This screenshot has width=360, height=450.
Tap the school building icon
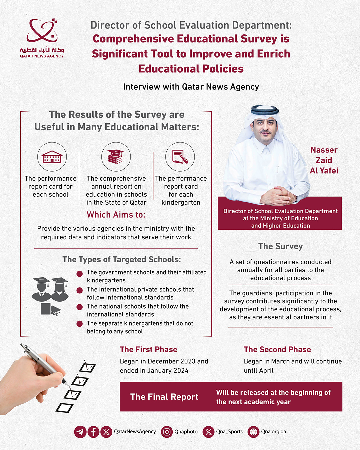[x=52, y=157]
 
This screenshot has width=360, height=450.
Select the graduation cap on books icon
[x=116, y=157]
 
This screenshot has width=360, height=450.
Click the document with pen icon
[x=180, y=157]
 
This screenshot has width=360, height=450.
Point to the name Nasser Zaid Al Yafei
[x=324, y=160]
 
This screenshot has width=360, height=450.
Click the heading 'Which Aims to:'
[x=116, y=215]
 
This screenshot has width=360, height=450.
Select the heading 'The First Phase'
[x=148, y=349]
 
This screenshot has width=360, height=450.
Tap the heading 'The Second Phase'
[x=277, y=349]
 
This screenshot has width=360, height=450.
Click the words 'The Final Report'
[x=164, y=397]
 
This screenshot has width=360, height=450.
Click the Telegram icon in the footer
[x=80, y=432]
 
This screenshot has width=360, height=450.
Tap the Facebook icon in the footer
[x=93, y=432]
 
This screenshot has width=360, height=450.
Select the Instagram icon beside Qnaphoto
[x=167, y=432]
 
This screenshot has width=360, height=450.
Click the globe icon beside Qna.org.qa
[x=253, y=432]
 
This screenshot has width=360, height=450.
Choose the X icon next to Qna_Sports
[x=208, y=432]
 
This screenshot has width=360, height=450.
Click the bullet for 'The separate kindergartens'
[x=79, y=324]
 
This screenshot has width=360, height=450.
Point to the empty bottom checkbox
[x=64, y=408]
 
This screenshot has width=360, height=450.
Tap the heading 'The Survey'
[x=280, y=246]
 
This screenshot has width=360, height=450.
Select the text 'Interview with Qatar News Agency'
[x=191, y=87]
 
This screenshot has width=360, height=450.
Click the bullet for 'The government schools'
[x=79, y=274]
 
